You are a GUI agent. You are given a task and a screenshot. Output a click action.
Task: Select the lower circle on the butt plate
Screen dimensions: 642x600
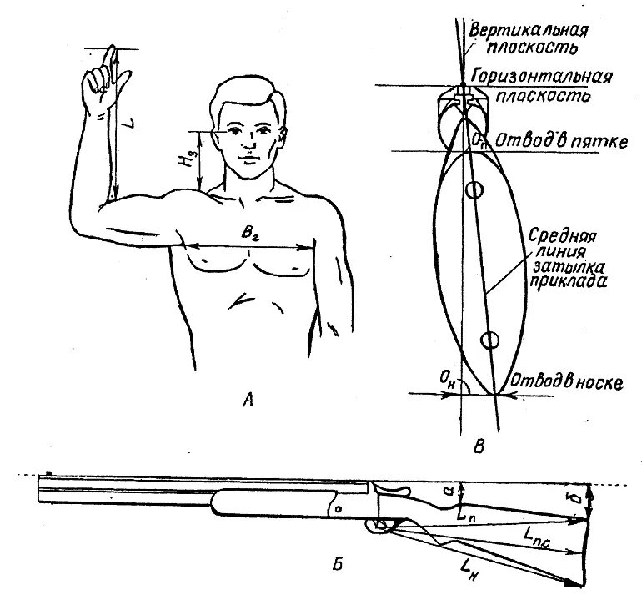489,340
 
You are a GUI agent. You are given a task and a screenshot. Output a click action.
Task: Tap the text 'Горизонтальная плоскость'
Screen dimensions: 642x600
542,84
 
